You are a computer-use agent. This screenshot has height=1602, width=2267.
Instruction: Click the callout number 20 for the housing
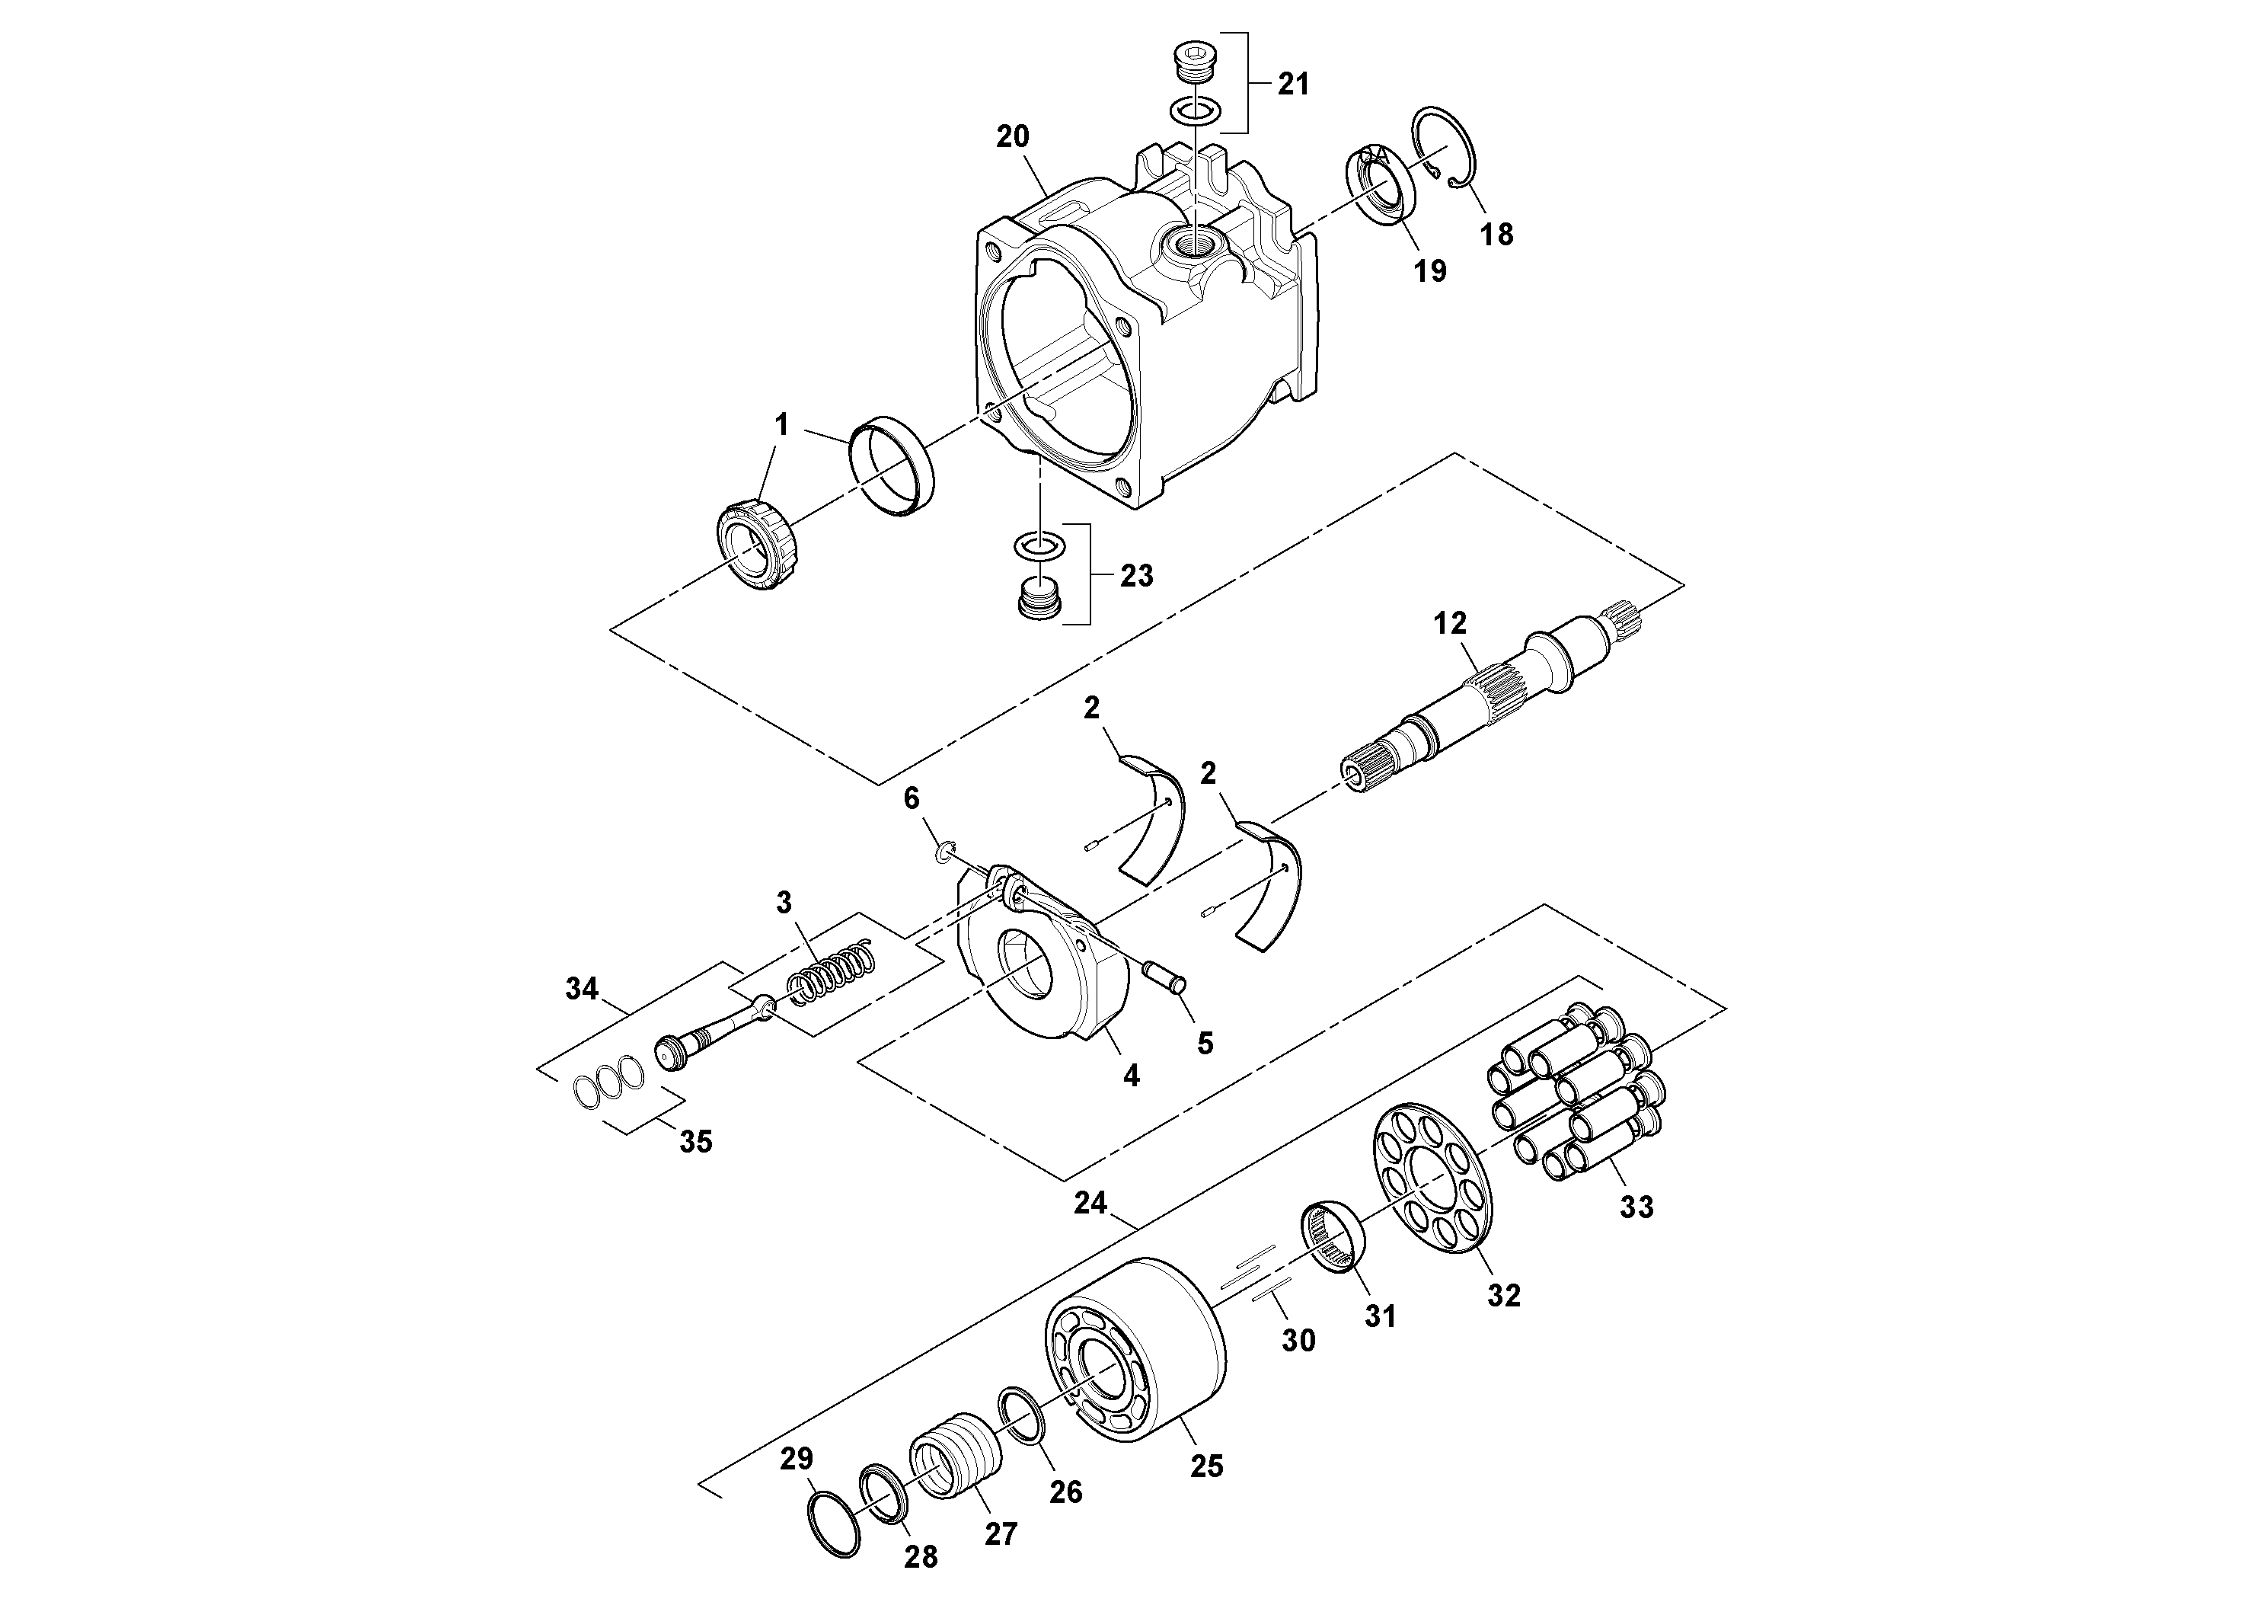point(1012,137)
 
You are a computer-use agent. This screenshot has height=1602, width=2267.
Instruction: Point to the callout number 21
point(1294,85)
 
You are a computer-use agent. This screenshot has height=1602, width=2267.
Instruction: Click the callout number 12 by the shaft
point(1451,623)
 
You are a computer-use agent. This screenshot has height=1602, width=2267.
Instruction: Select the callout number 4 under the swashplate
point(1132,1076)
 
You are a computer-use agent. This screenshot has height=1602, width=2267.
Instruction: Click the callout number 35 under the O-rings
point(695,1142)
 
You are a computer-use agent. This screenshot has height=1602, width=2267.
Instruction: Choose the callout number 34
point(582,988)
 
